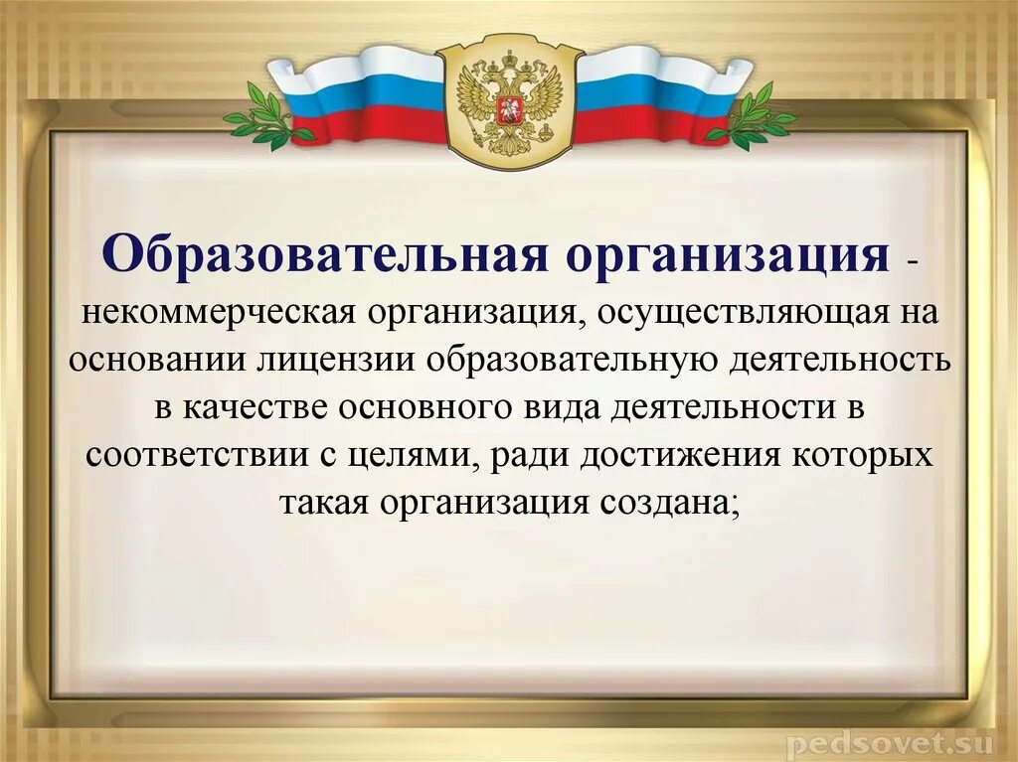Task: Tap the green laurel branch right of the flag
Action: pos(751,117)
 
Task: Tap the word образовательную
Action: pos(579,359)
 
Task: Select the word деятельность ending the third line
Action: pos(844,359)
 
